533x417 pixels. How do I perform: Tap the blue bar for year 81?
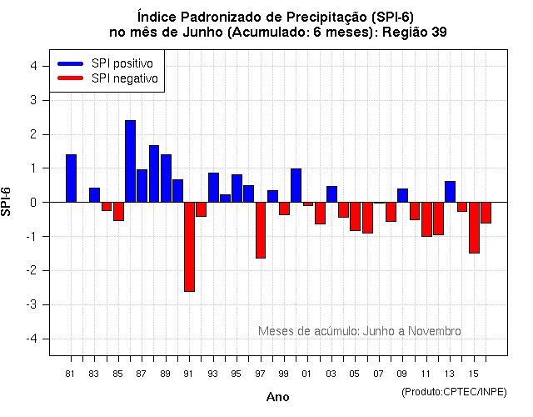pos(71,178)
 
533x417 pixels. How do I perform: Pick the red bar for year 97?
pos(261,229)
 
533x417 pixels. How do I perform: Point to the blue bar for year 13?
pos(450,191)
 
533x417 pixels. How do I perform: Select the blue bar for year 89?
pos(166,178)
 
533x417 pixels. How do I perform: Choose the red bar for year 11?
pos(426,219)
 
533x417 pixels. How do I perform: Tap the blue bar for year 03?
pos(331,193)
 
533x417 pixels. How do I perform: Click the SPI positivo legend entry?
pos(108,63)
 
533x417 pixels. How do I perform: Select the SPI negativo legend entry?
pos(108,78)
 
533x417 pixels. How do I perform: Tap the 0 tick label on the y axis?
pos(32,203)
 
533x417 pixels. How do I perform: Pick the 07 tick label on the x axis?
pos(379,373)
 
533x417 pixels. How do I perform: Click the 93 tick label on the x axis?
pos(213,373)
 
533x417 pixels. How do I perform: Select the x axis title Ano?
pos(277,397)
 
